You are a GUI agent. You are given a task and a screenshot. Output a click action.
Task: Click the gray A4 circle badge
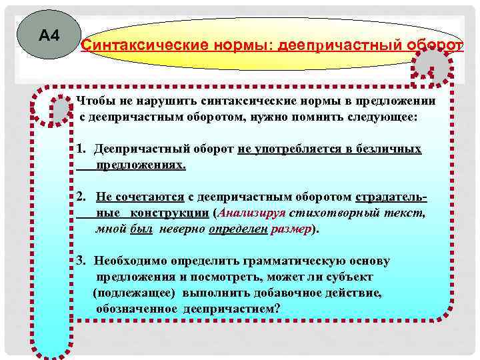[x=49, y=35]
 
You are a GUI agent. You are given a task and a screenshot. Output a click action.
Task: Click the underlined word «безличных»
[x=389, y=148]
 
